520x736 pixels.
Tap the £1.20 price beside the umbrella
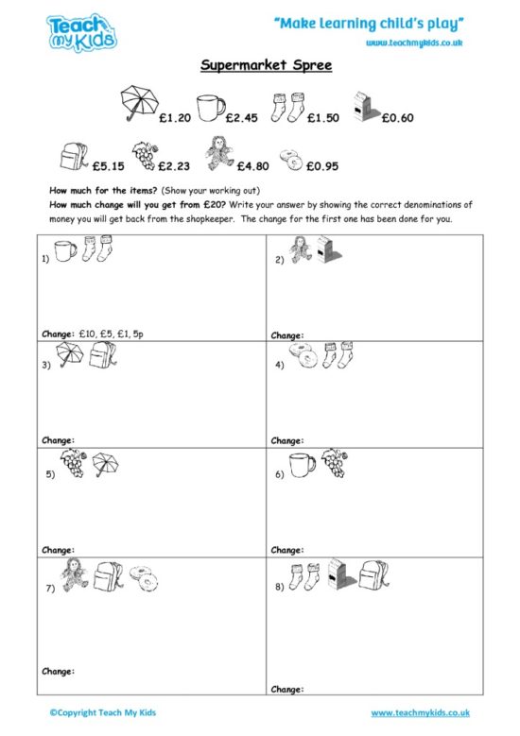click(x=177, y=118)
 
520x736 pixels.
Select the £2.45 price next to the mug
click(x=242, y=118)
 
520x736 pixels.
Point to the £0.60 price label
click(x=397, y=118)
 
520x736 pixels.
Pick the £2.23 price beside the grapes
click(x=174, y=165)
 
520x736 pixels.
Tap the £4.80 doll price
click(x=253, y=165)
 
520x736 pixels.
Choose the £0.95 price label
click(x=321, y=165)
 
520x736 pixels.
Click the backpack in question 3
click(x=101, y=356)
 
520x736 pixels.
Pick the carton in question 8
click(x=337, y=573)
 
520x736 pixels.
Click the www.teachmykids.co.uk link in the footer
click(x=419, y=712)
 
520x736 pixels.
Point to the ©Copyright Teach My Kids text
click(x=98, y=712)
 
